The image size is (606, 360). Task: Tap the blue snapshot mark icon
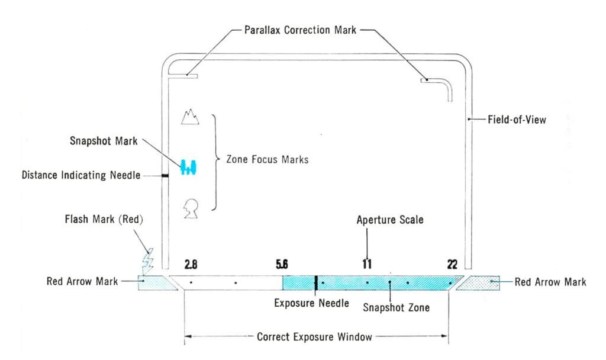pos(189,168)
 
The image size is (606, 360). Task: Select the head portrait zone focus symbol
pos(191,209)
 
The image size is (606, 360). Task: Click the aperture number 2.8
pos(191,265)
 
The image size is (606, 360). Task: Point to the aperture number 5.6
pos(282,265)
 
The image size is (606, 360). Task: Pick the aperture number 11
pos(367,265)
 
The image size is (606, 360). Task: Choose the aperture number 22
pos(452,265)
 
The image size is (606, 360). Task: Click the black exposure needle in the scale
pos(317,282)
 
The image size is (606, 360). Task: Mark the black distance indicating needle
pos(166,175)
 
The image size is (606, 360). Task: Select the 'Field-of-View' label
pos(517,120)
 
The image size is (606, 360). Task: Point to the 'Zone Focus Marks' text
pos(263,159)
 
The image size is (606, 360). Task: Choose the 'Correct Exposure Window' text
pos(314,337)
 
